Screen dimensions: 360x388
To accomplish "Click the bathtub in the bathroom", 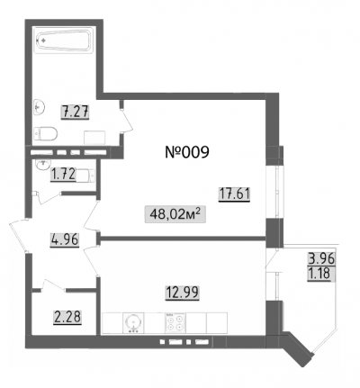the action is pyautogui.click(x=64, y=41).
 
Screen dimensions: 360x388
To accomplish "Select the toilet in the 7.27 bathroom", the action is pyautogui.click(x=45, y=134).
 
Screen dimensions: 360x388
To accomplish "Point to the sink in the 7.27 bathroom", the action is pyautogui.click(x=40, y=106).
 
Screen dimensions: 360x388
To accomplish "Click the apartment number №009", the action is pyautogui.click(x=187, y=152).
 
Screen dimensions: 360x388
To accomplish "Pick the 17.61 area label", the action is pyautogui.click(x=234, y=194).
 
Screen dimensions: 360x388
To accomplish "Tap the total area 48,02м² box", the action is pyautogui.click(x=175, y=214).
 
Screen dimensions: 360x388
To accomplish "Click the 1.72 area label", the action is pyautogui.click(x=63, y=174).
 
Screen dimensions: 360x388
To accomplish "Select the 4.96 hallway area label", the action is pyautogui.click(x=65, y=239).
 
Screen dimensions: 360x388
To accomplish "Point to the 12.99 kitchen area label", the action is pyautogui.click(x=183, y=292).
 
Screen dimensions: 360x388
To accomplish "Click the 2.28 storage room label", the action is pyautogui.click(x=67, y=317).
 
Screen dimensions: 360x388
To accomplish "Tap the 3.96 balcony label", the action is pyautogui.click(x=321, y=258).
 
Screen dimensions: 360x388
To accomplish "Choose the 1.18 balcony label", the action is pyautogui.click(x=319, y=274).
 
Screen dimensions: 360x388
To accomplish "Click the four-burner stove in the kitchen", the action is pyautogui.click(x=175, y=323).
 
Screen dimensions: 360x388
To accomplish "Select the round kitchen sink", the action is pyautogui.click(x=133, y=323).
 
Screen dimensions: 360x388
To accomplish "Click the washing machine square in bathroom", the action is pyautogui.click(x=94, y=138).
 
